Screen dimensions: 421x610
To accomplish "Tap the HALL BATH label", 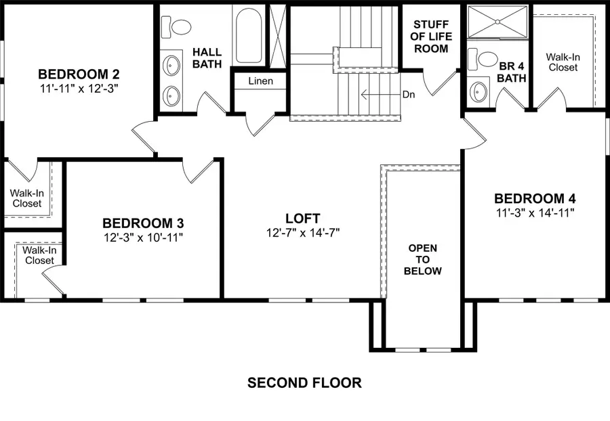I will pyautogui.click(x=207, y=58).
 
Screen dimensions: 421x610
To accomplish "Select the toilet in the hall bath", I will pyautogui.click(x=180, y=28).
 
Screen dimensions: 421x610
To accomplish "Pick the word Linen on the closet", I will pyautogui.click(x=260, y=81).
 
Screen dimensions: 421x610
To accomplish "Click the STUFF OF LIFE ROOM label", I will pyautogui.click(x=431, y=36).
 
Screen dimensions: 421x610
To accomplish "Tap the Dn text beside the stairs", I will pyautogui.click(x=408, y=95).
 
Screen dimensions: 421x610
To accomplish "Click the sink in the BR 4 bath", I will pyautogui.click(x=479, y=91).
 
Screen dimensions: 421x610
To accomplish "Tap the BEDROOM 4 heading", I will pyautogui.click(x=535, y=198).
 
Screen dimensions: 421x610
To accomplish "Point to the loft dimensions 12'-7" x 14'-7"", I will pyautogui.click(x=302, y=232).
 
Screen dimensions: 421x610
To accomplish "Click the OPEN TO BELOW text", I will pyautogui.click(x=422, y=259).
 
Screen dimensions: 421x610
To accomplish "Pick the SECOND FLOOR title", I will pyautogui.click(x=304, y=383).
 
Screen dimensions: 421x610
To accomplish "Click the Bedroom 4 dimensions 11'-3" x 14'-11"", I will pyautogui.click(x=535, y=213).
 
